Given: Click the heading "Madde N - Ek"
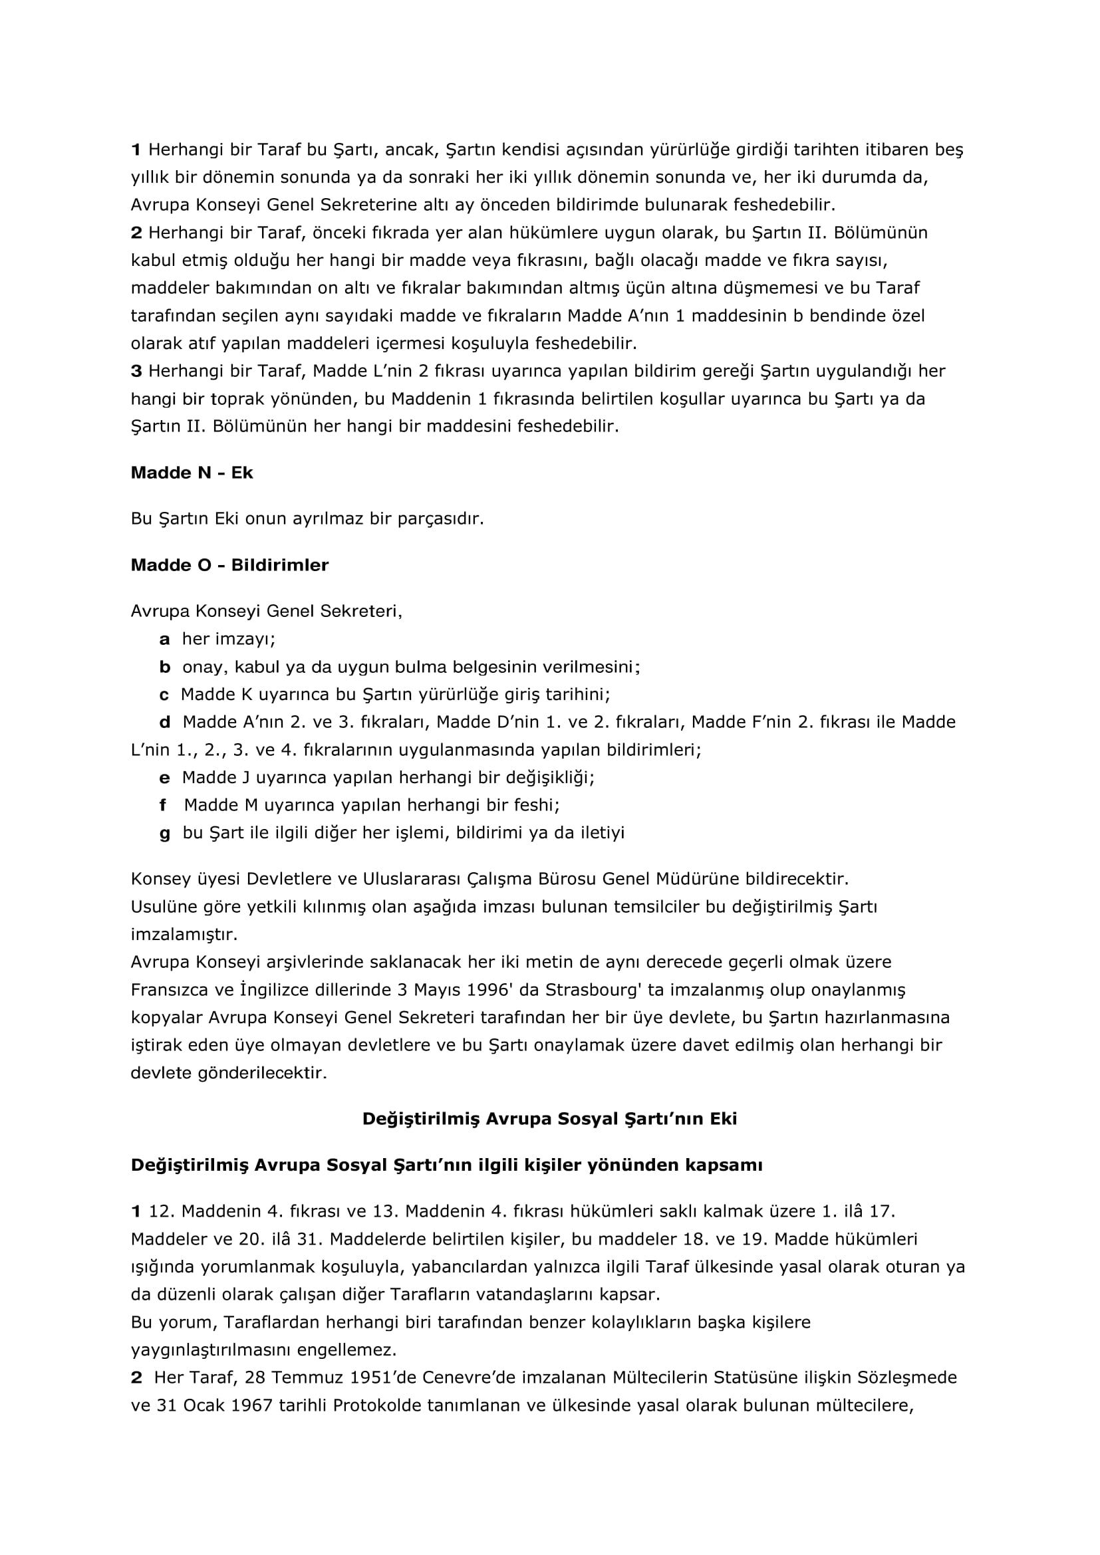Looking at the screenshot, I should coord(191,473).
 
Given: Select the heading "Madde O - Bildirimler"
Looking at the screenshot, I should coord(229,565).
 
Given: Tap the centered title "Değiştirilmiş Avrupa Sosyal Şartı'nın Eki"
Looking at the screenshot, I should coord(549,1118).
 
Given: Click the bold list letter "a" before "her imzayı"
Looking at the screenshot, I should coord(164,640).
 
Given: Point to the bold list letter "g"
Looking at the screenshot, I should coord(164,833).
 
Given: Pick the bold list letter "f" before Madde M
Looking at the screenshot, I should coord(162,805).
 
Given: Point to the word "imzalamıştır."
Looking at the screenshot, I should coord(184,935).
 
